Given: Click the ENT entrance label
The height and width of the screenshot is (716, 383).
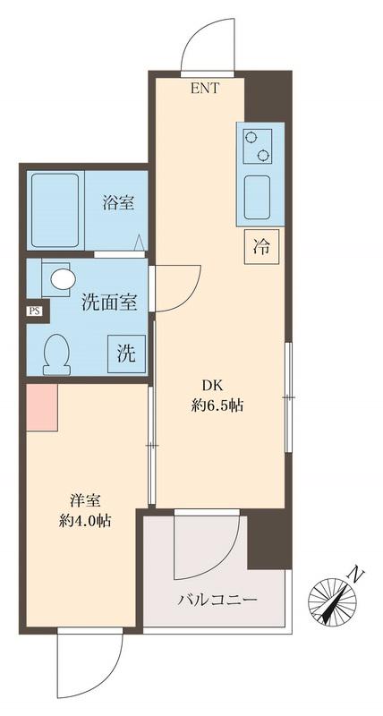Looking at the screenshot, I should (204, 87).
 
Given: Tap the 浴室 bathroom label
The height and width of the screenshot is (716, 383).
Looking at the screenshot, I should (117, 203).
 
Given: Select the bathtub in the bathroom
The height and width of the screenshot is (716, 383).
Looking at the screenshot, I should (56, 209).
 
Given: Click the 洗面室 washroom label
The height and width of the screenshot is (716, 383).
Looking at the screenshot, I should (109, 303).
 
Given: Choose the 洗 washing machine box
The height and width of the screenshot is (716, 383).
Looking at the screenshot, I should (126, 353).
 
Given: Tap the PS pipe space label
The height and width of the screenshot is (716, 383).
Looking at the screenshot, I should (34, 311).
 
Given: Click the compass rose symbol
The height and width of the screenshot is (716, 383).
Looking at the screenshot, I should (332, 599).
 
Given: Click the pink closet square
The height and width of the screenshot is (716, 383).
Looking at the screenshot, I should (42, 406).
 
